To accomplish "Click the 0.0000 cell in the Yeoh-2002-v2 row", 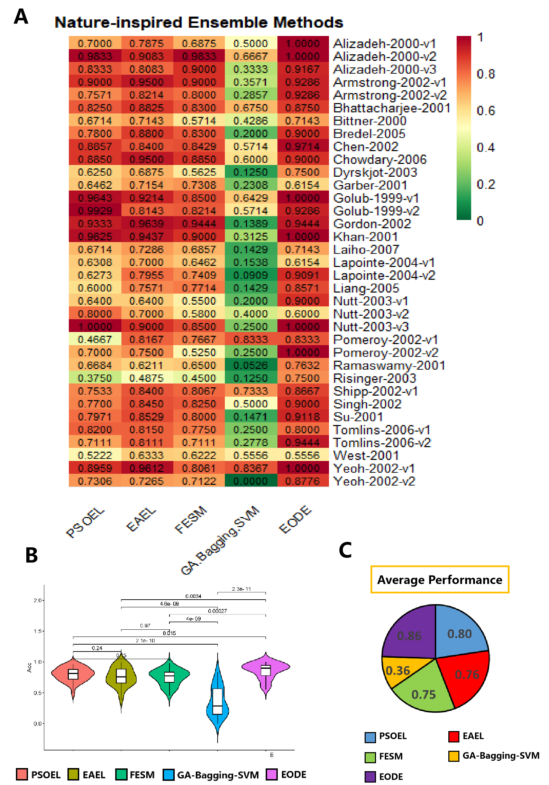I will pos(251,481).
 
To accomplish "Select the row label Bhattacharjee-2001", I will pos(391,108).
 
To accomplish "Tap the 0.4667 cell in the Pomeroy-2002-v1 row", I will pos(95,340).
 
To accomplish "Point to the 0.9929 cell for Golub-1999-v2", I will pos(95,211).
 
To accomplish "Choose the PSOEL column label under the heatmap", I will pos(85,523).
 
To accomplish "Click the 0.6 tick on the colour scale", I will pos(486,111).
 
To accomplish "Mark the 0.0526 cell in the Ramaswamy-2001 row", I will pos(251,365).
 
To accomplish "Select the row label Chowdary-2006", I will pos(379,159).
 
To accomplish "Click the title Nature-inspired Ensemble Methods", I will pos(199,22).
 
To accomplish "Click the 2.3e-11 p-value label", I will pos(241,589).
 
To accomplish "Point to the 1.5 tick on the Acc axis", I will pos(38,631).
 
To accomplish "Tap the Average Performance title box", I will pos(440,580).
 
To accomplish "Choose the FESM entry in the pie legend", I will pos(384,756).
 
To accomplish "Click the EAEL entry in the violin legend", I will pos(87,775).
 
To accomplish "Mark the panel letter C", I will pos(345,550).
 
